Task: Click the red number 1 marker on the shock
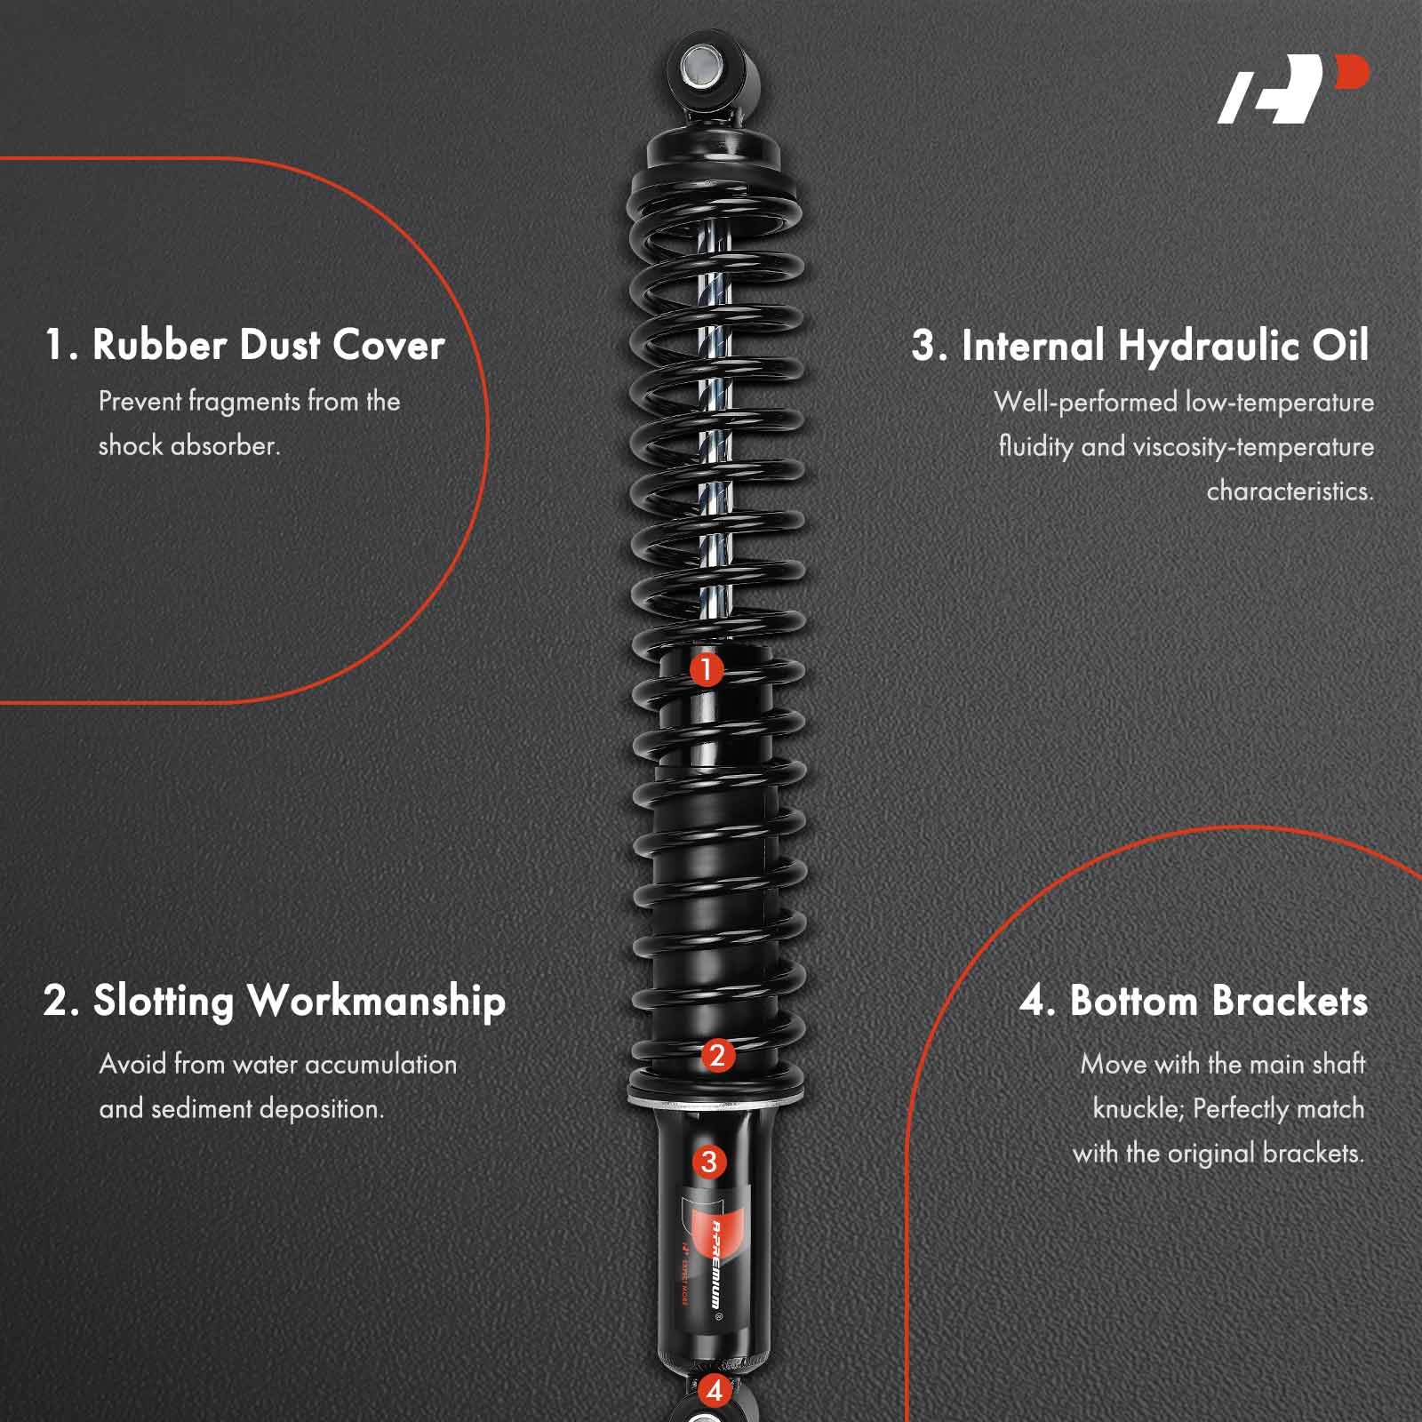click(x=707, y=669)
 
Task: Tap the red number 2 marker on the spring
click(x=716, y=1056)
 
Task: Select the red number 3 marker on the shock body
click(x=708, y=1162)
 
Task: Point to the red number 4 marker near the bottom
click(x=714, y=1390)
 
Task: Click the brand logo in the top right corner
click(x=1293, y=89)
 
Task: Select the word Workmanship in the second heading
click(x=377, y=1003)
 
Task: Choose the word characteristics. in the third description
click(x=1290, y=491)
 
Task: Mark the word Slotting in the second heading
click(x=164, y=1002)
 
